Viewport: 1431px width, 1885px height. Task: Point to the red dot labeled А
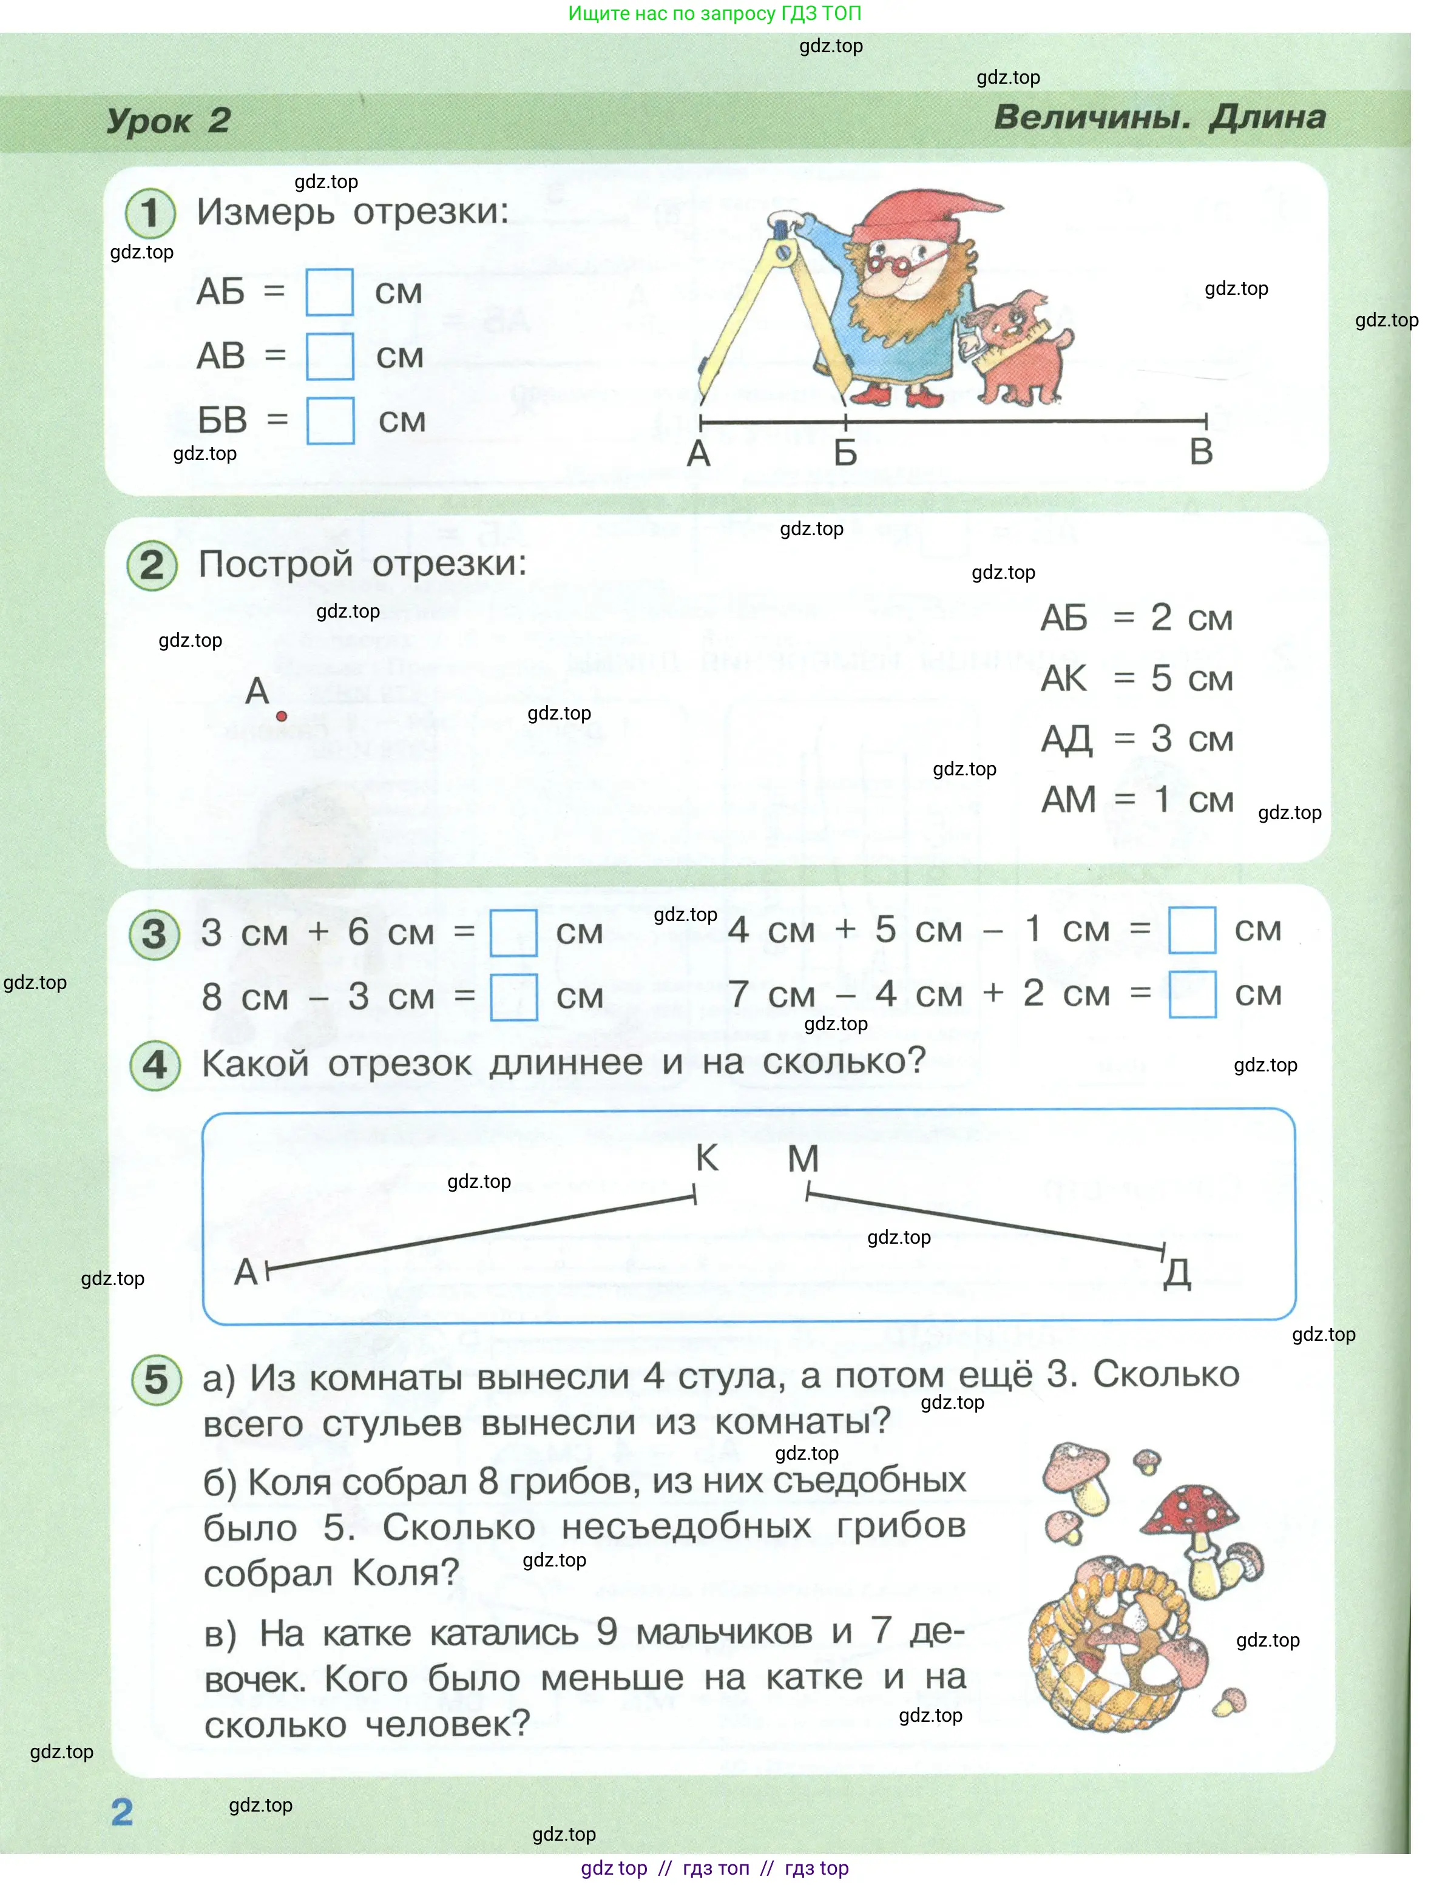click(281, 716)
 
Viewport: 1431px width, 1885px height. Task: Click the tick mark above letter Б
click(845, 421)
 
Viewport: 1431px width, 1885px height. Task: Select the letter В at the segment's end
click(1201, 451)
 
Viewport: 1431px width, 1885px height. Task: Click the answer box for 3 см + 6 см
click(513, 932)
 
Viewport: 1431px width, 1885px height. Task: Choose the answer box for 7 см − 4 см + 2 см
click(1191, 994)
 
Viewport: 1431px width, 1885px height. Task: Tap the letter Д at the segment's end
click(1177, 1273)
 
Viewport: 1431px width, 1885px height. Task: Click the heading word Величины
click(1092, 118)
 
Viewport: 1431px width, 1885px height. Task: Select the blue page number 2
click(122, 1812)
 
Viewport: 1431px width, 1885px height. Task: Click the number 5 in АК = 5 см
click(1161, 678)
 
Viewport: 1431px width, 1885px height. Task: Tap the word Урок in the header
click(149, 121)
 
